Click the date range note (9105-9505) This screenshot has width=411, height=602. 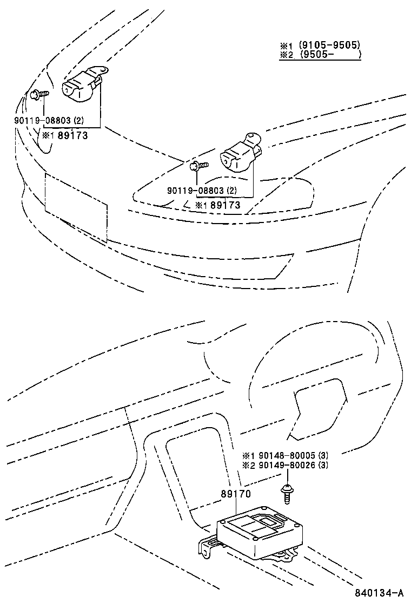pos(320,45)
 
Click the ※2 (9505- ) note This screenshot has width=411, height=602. pos(320,55)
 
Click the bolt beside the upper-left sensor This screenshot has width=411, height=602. pos(39,95)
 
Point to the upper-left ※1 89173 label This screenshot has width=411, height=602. pos(65,135)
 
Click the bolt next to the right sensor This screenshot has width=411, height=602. pos(198,165)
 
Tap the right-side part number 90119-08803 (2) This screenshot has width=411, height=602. pos(202,190)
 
